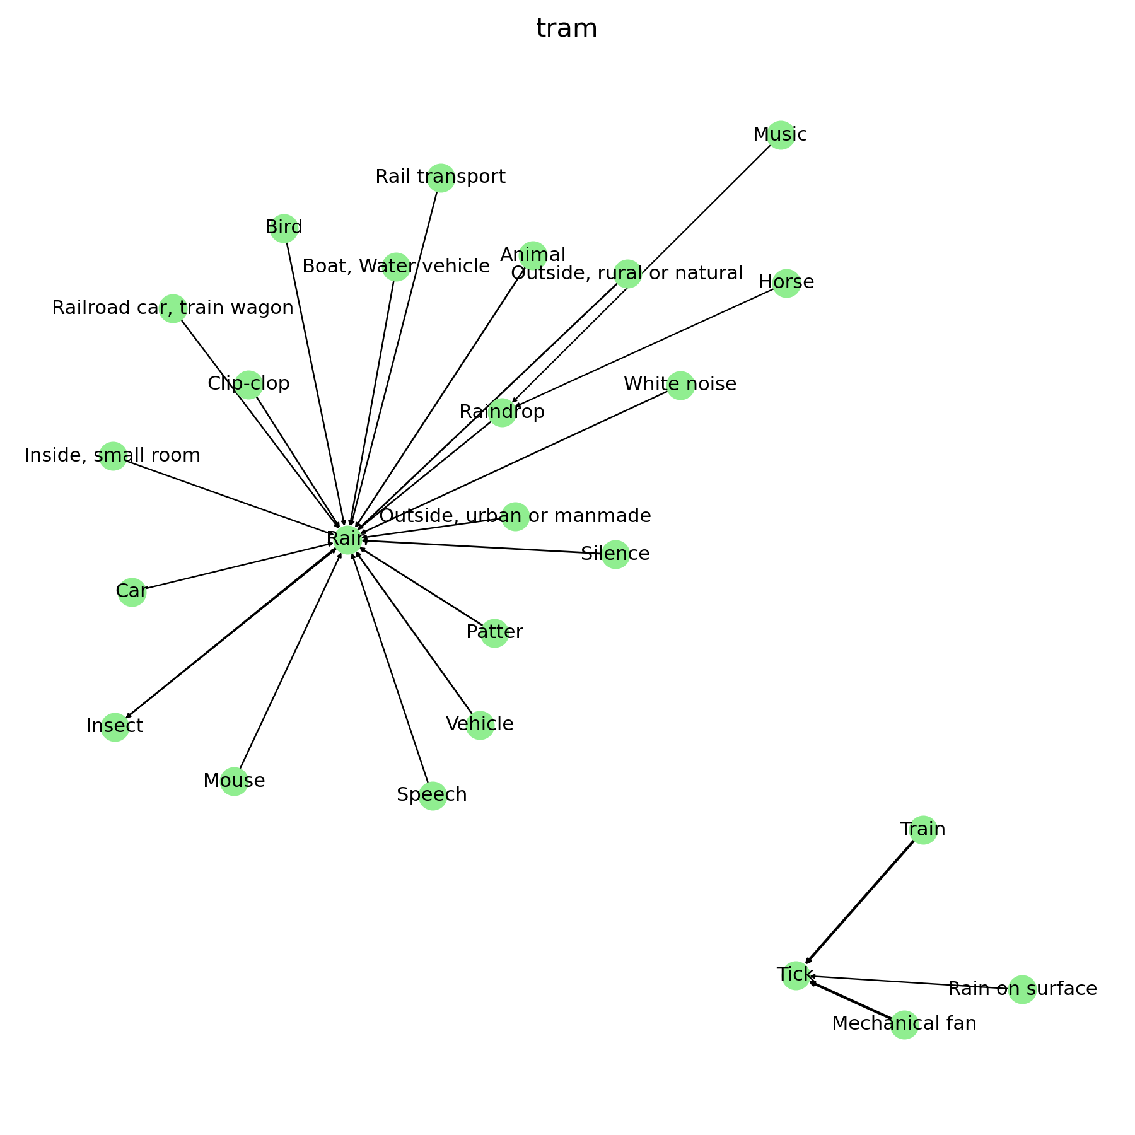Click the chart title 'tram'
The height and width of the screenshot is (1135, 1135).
pos(566,29)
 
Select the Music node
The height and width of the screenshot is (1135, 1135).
pos(781,135)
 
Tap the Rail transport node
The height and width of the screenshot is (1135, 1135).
pos(441,178)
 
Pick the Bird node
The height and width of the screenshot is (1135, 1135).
pos(284,228)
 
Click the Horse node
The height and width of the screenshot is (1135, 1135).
pos(786,282)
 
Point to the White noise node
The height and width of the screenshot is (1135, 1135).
pos(680,385)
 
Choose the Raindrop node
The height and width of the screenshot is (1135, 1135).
pos(502,412)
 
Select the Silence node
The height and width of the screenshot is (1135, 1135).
pos(615,554)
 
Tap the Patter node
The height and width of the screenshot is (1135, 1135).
pos(495,632)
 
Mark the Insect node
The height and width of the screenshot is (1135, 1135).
pos(115,727)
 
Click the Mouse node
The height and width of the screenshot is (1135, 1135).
pos(234,781)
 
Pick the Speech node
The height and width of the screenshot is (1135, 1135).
pos(433,796)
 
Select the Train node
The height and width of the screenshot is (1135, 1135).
pos(923,830)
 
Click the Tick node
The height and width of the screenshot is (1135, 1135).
pos(796,975)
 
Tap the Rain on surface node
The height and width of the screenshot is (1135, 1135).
pos(1022,989)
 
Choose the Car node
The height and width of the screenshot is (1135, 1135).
pos(132,592)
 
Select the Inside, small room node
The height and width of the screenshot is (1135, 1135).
pos(113,456)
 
